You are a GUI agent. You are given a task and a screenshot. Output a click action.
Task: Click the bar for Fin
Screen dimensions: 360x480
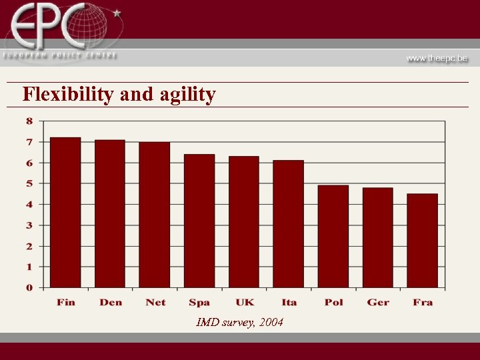(65, 213)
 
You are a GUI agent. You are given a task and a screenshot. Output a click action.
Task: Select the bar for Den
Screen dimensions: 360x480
(110, 214)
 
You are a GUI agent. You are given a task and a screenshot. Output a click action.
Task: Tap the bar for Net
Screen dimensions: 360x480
(155, 215)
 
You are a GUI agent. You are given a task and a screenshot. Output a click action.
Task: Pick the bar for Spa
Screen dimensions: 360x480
(199, 221)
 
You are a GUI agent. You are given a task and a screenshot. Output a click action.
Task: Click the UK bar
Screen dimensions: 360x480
(244, 222)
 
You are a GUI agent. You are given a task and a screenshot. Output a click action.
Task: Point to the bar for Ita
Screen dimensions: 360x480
(288, 224)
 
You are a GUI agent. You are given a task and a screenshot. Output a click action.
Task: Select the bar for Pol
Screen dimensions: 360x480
(333, 236)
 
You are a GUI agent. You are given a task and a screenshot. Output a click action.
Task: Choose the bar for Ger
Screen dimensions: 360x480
(378, 237)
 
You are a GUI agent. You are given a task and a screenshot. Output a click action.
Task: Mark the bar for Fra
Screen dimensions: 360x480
(423, 241)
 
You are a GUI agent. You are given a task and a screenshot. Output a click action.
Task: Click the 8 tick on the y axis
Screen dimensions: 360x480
(29, 121)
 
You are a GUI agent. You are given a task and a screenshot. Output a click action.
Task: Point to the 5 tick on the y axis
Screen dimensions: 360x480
(29, 183)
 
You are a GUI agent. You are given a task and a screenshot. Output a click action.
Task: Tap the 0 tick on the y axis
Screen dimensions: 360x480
(29, 287)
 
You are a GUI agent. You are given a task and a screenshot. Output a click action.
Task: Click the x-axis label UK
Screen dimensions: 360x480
(245, 302)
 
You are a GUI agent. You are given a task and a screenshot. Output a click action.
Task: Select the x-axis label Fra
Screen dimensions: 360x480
(423, 302)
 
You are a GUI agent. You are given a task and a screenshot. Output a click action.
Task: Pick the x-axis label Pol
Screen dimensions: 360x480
(333, 302)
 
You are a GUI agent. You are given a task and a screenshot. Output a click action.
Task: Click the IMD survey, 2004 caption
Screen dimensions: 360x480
(240, 323)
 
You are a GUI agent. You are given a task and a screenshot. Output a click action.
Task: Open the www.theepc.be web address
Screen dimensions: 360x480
(437, 58)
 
